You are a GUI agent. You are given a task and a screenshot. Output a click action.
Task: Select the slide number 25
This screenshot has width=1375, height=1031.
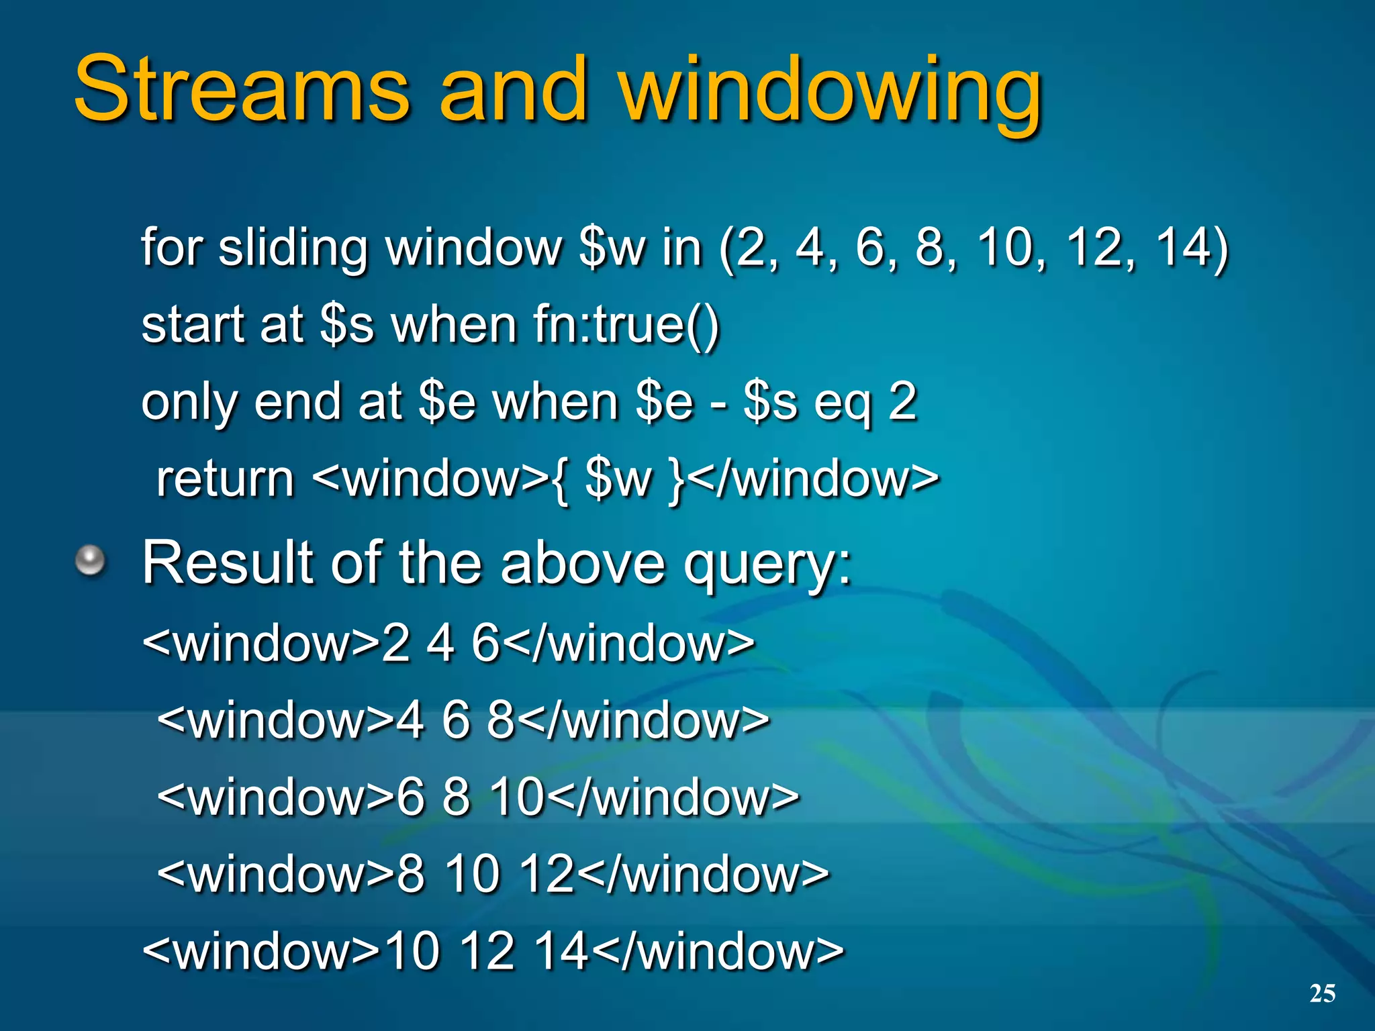click(x=1322, y=993)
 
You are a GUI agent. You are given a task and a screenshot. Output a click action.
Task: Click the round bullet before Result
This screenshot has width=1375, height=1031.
click(x=90, y=561)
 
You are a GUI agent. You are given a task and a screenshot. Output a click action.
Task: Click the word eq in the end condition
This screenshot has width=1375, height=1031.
click(x=842, y=403)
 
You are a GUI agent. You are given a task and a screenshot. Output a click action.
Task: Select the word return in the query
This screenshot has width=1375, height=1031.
click(x=225, y=479)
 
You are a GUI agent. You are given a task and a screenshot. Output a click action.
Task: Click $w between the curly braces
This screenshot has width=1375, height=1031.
click(x=618, y=479)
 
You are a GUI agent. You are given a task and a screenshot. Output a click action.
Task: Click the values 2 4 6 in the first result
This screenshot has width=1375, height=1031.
click(x=440, y=643)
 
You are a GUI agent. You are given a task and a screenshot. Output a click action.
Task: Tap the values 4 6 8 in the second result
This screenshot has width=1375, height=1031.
click(x=456, y=720)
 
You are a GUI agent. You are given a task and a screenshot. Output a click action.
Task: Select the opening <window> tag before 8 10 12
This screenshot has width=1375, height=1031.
click(x=275, y=874)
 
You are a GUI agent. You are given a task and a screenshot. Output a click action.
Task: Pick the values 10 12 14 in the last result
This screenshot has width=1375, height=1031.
click(x=487, y=951)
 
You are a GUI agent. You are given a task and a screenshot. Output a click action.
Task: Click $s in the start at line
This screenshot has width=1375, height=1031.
click(x=346, y=325)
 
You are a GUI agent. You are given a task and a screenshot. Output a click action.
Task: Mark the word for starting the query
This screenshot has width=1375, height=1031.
click(x=171, y=247)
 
